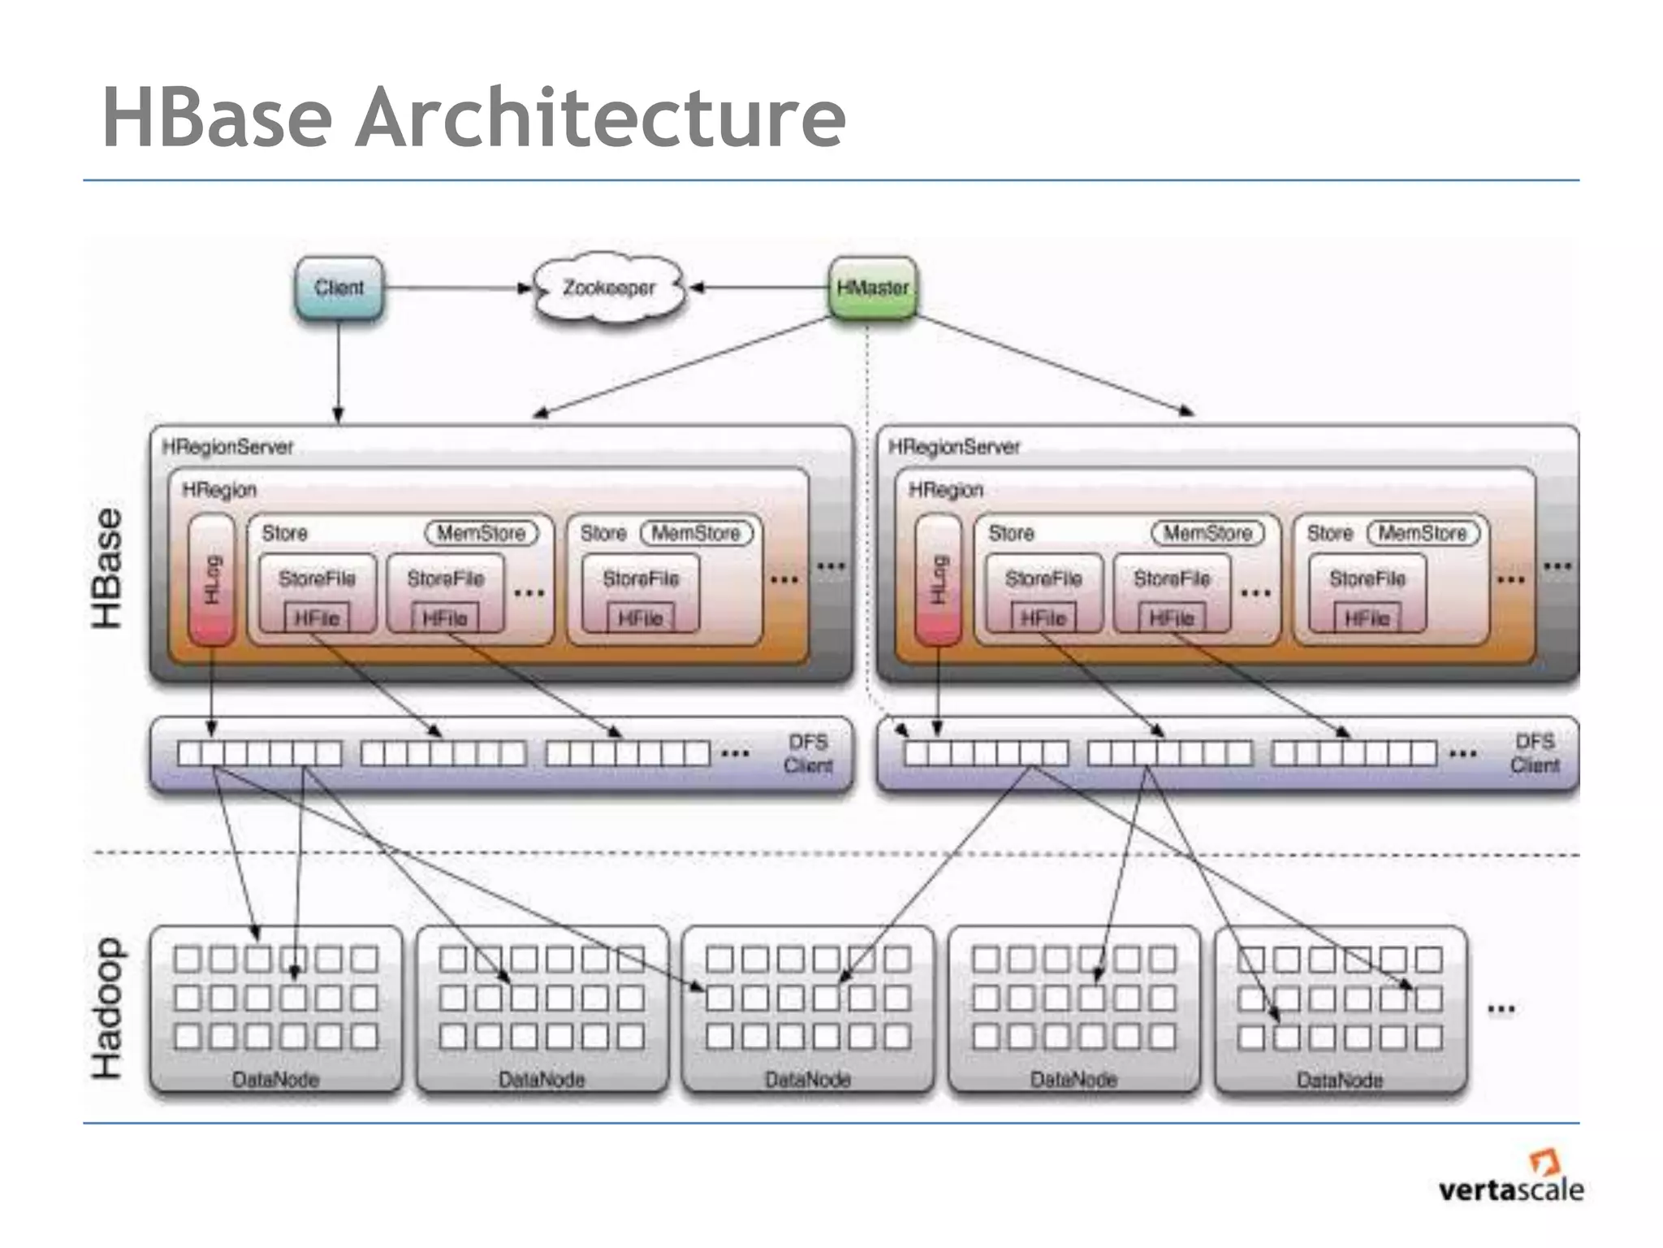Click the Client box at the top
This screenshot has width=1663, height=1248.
[x=339, y=288]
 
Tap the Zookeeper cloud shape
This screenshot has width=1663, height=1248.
[x=609, y=288]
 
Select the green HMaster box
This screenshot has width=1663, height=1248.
[x=872, y=288]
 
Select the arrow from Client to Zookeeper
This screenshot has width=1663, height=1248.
[x=455, y=288]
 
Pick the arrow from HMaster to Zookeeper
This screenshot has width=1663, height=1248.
[x=759, y=288]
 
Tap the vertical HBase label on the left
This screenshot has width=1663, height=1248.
[x=107, y=569]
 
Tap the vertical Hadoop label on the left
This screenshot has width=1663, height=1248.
[x=107, y=1009]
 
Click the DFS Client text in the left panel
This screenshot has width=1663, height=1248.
[x=808, y=754]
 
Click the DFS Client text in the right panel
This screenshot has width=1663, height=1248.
[x=1535, y=754]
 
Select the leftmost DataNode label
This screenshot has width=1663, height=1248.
[x=276, y=1080]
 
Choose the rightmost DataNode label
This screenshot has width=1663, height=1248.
[x=1340, y=1080]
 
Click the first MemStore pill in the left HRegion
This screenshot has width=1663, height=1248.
[x=482, y=533]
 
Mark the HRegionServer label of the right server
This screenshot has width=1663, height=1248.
[x=954, y=447]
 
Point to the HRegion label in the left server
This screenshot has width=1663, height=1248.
[x=219, y=490]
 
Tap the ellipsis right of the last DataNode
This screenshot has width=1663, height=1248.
[x=1501, y=1010]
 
